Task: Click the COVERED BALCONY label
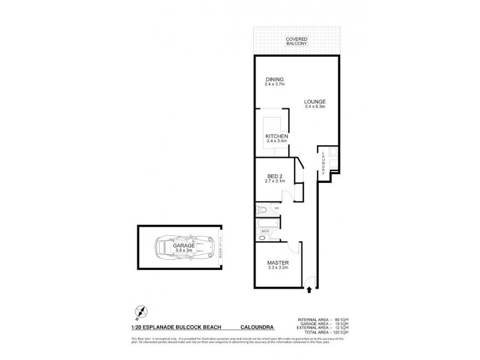pyautogui.click(x=296, y=41)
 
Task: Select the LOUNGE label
pyautogui.click(x=314, y=102)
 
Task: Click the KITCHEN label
pyautogui.click(x=277, y=137)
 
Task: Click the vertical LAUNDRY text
pyautogui.click(x=323, y=162)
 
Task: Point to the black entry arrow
pyautogui.click(x=310, y=290)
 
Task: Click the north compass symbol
pyautogui.click(x=139, y=311)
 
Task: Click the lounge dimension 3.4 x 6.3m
pyautogui.click(x=314, y=107)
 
